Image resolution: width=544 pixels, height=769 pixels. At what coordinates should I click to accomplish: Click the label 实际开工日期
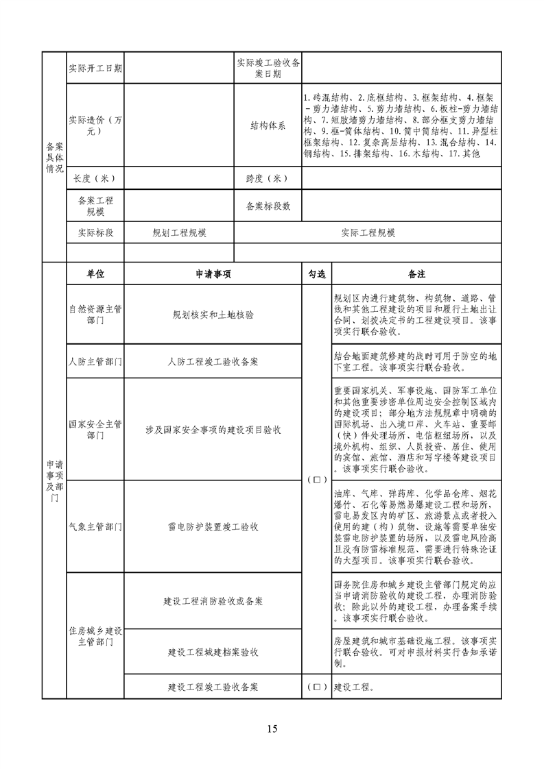click(95, 69)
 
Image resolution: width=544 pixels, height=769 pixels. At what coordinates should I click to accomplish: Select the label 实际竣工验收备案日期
click(268, 69)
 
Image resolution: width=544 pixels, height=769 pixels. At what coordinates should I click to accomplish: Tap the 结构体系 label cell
click(268, 126)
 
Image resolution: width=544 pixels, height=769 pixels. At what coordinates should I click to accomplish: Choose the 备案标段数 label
click(268, 206)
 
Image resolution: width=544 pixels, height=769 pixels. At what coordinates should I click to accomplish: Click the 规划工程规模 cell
click(179, 233)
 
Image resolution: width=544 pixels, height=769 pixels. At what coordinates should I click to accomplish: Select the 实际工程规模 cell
click(368, 233)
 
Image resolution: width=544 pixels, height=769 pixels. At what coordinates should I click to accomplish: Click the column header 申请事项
click(213, 273)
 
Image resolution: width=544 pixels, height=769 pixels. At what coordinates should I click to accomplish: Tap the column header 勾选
click(316, 273)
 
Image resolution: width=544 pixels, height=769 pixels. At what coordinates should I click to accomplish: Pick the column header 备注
click(416, 273)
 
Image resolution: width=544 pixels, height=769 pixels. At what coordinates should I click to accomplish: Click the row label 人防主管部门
click(95, 361)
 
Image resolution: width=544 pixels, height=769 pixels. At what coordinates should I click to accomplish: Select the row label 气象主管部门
click(95, 526)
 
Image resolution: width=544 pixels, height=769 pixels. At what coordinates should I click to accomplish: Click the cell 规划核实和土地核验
click(213, 315)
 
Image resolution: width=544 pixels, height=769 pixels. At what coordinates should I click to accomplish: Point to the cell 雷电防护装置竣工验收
click(213, 526)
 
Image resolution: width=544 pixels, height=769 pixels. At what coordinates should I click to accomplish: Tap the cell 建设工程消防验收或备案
click(213, 601)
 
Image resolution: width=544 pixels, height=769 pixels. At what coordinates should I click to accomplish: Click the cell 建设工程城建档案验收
click(213, 652)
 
